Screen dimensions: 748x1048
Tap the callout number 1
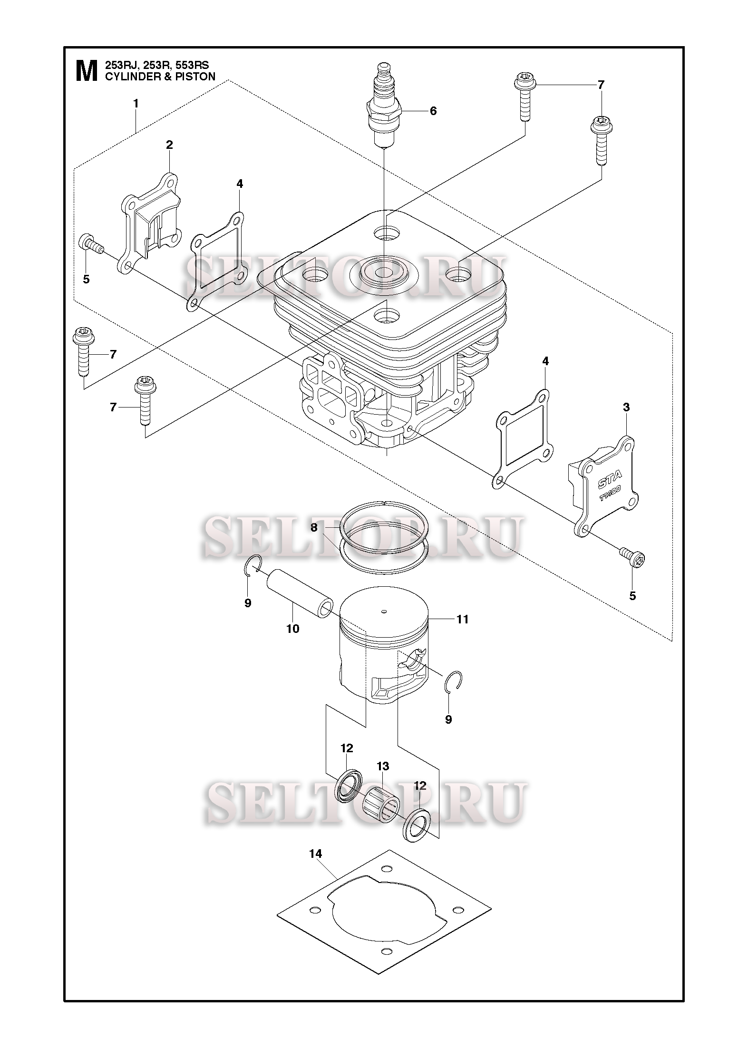[136, 103]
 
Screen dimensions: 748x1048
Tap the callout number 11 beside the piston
[462, 619]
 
